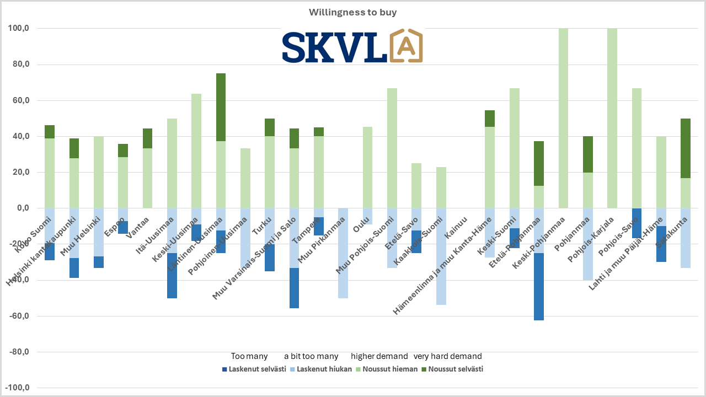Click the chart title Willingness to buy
pos(352,12)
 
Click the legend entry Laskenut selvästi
pos(253,369)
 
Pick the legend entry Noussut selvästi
pos(452,369)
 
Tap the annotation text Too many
pos(249,356)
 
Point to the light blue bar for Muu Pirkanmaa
pos(343,253)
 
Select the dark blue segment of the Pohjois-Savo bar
pos(637,223)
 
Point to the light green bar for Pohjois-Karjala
pos(612,119)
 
